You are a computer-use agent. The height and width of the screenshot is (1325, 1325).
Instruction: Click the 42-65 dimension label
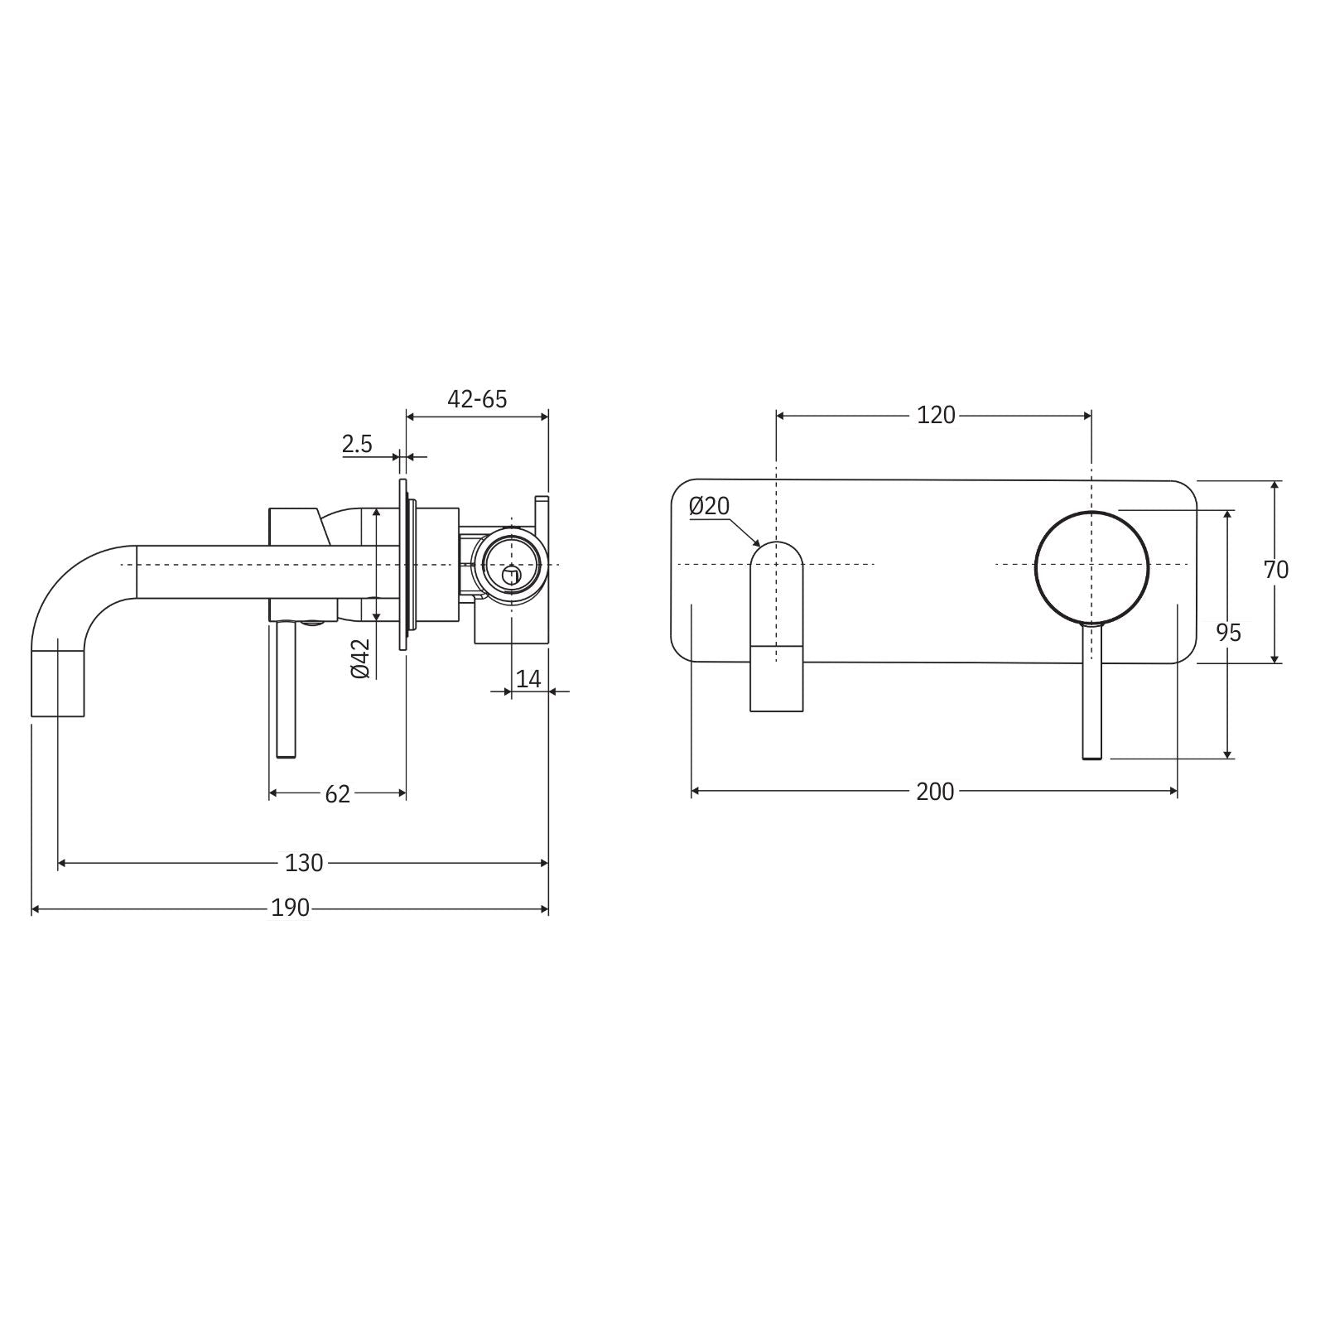click(477, 399)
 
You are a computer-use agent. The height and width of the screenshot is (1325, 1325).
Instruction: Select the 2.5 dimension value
click(357, 445)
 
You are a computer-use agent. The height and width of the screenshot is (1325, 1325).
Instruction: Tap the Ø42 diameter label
click(360, 660)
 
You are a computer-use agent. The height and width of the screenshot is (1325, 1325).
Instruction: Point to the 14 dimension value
click(528, 679)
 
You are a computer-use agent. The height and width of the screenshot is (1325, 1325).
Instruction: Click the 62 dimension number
click(337, 794)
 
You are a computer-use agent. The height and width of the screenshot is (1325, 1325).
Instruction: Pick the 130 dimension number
click(304, 863)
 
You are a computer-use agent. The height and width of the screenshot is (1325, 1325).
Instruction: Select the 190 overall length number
click(291, 908)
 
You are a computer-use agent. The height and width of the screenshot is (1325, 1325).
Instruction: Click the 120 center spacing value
click(936, 415)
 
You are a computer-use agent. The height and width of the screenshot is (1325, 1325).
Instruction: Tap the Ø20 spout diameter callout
click(709, 506)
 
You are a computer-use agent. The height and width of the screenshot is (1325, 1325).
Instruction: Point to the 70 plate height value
click(1276, 570)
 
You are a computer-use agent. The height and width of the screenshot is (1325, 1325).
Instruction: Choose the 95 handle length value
click(1252, 633)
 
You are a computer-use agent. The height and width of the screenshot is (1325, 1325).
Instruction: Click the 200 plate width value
click(935, 792)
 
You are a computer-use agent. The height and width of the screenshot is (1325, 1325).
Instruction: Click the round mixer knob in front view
click(1091, 566)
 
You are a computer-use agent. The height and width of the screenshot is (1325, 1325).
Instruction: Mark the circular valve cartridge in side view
click(511, 563)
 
